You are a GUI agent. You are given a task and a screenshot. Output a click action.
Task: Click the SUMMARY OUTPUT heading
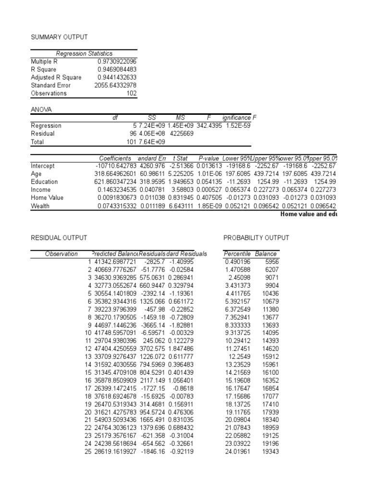click(59, 37)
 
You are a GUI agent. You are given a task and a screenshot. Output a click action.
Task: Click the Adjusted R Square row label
click(56, 77)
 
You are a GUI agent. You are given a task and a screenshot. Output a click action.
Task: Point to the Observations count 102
click(131, 93)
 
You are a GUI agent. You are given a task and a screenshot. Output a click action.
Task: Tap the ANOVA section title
click(41, 110)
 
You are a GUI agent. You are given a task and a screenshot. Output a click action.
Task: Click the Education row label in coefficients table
click(44, 182)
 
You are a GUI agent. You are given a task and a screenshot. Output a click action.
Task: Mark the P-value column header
click(208, 158)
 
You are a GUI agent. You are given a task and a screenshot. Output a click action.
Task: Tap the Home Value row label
click(47, 197)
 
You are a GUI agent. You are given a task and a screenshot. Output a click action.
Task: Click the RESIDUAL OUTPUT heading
click(59, 238)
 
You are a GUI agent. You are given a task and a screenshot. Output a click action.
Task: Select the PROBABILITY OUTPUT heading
click(256, 238)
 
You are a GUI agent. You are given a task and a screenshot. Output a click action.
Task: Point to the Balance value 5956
click(271, 261)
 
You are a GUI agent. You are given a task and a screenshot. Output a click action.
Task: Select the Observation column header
click(61, 254)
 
